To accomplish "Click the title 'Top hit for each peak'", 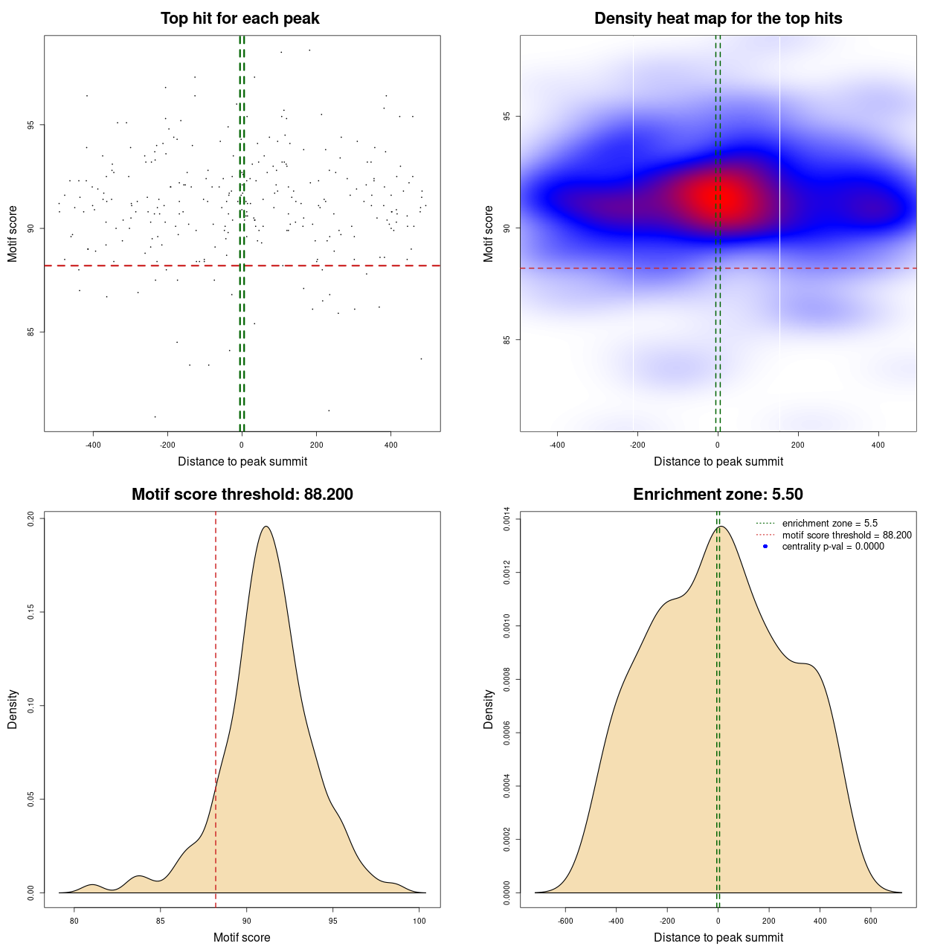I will (x=239, y=19).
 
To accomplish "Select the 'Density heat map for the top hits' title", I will (x=718, y=19).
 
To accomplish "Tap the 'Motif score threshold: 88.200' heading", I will (x=242, y=495).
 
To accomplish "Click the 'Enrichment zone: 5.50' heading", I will (x=718, y=495).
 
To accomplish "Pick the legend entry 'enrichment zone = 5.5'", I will (x=829, y=524).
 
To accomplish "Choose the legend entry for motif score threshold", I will (x=846, y=535).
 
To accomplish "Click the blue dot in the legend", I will (x=765, y=547).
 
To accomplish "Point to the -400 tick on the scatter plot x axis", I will (x=93, y=445).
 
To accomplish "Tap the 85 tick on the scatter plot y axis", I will (x=31, y=332).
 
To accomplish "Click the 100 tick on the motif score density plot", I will (x=419, y=921).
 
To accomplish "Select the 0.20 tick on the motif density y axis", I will (x=31, y=518).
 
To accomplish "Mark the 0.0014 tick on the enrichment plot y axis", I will (x=507, y=519).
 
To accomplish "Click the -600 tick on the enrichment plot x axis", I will (x=565, y=921).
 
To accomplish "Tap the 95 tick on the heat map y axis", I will (x=507, y=116).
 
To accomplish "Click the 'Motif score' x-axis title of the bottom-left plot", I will (x=242, y=937).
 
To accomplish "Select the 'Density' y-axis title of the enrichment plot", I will (x=489, y=709).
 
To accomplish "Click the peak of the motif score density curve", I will (x=265, y=527).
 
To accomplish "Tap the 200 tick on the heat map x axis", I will (x=798, y=445).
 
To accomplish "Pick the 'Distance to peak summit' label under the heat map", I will (x=718, y=461).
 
